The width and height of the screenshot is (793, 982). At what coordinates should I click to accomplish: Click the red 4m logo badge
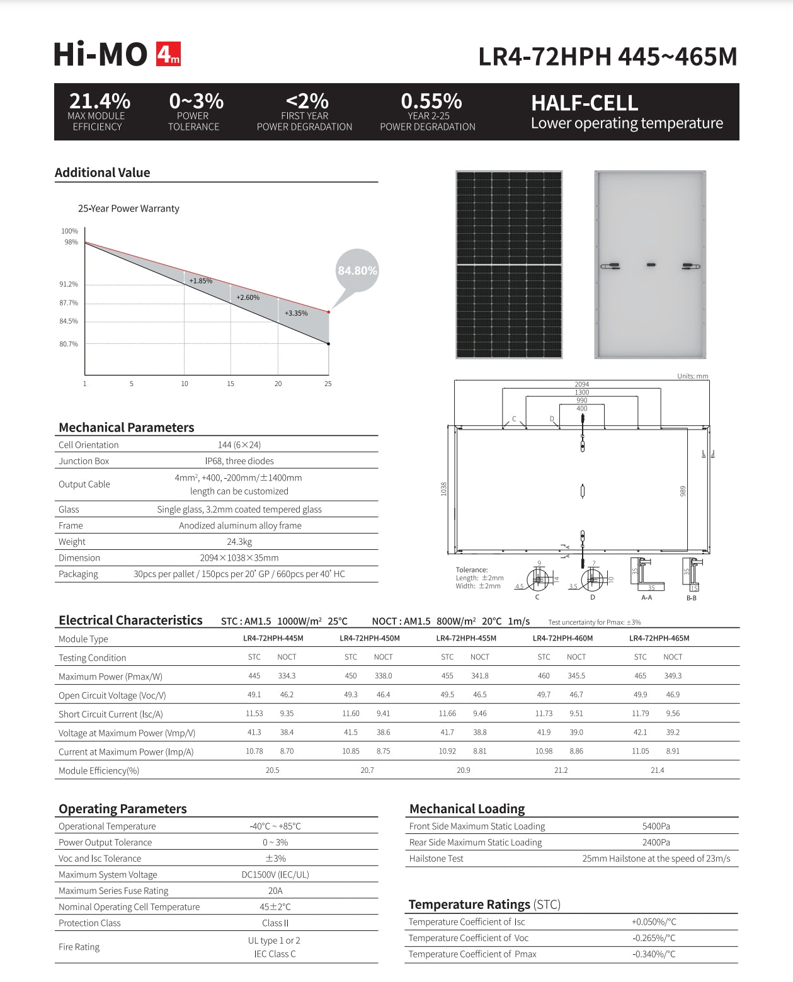coord(168,54)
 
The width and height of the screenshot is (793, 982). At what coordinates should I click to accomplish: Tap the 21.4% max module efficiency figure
coord(100,101)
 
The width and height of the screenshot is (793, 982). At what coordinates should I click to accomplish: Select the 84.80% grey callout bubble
coord(357,271)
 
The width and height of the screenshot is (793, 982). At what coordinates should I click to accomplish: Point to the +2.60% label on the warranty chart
coord(248,297)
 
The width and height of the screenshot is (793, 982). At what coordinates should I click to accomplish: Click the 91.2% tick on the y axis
coord(69,284)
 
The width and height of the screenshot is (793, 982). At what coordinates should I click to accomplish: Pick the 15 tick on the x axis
coord(231,384)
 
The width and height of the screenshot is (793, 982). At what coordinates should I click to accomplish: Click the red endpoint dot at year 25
coord(328,312)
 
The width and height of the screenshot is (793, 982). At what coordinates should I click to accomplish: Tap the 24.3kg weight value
coord(239,542)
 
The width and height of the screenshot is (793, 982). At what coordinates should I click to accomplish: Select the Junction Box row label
coord(84,461)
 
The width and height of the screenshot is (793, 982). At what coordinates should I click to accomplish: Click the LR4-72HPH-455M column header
coord(466,638)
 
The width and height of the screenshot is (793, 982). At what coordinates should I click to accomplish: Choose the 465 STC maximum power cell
coord(640,676)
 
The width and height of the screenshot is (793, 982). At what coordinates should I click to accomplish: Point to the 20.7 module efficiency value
coord(367,770)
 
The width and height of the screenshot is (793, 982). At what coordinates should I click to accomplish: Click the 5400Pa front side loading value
coord(656,826)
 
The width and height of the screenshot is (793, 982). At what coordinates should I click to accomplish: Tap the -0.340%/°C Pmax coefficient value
coord(653,954)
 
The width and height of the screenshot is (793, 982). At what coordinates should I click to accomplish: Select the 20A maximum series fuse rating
coord(275,891)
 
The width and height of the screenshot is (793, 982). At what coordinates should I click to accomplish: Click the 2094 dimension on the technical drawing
coord(581,384)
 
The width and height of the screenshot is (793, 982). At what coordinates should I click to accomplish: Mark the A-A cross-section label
coord(646,597)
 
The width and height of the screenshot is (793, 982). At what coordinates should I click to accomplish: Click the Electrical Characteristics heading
coord(130,620)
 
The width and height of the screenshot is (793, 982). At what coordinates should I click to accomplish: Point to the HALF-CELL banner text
coord(585,103)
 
